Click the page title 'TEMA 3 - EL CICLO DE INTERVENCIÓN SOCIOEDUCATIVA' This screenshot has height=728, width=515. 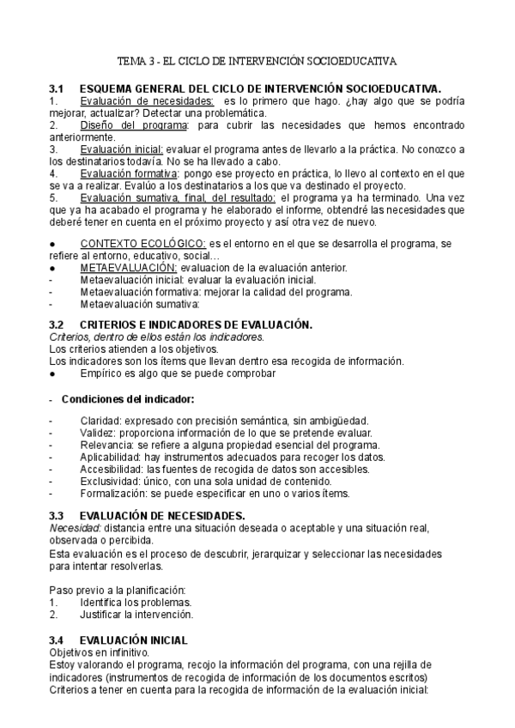click(x=257, y=62)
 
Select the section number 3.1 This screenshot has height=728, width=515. click(x=57, y=88)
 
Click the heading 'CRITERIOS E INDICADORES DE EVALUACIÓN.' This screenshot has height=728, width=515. click(x=195, y=325)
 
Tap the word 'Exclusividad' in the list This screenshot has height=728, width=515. click(x=111, y=481)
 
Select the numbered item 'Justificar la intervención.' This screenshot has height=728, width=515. click(x=136, y=614)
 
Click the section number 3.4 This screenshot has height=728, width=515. click(x=57, y=640)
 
